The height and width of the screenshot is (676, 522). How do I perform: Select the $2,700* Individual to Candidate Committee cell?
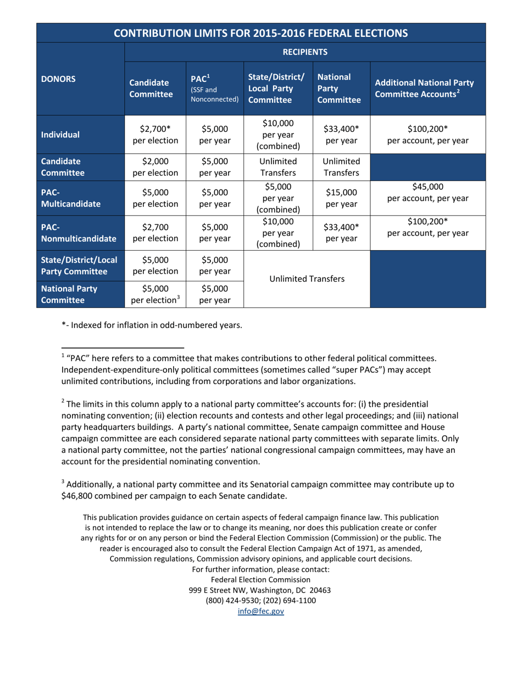click(x=156, y=134)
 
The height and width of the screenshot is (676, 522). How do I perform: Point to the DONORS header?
click(x=57, y=79)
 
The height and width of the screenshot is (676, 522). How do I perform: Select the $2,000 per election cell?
click(x=156, y=167)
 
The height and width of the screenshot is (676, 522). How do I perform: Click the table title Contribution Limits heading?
click(x=260, y=32)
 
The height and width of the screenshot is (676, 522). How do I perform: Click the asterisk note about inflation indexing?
click(x=152, y=324)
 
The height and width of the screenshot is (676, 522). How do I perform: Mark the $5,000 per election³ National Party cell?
click(x=156, y=294)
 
